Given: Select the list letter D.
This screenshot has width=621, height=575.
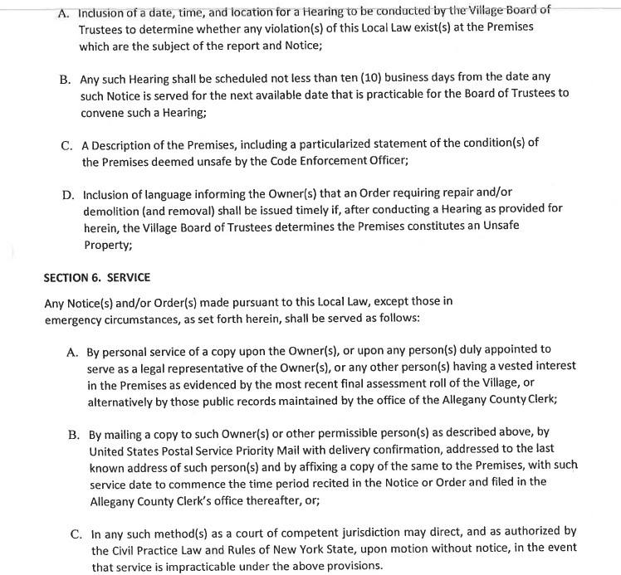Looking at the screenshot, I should (x=67, y=196).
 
